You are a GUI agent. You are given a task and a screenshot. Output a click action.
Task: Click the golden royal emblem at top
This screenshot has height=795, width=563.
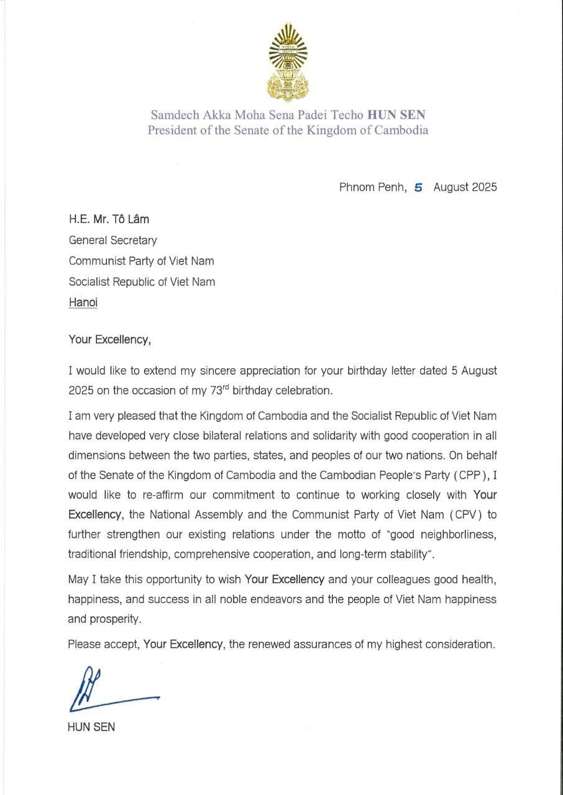[288, 62]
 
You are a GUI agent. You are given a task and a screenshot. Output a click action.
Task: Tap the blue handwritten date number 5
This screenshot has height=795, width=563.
[418, 187]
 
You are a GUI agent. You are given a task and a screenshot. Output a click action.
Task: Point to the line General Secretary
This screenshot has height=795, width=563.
[112, 240]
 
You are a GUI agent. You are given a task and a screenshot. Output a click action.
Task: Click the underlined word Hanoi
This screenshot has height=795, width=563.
[83, 303]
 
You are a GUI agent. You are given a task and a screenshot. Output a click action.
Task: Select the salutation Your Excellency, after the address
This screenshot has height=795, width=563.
[109, 340]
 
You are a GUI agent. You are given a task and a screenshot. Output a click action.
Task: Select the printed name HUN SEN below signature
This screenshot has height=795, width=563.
[91, 727]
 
